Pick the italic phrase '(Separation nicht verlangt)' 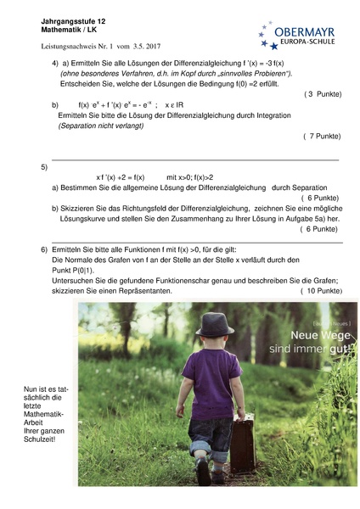coord(101,126)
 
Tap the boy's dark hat coord(214,323)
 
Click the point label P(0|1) coord(75,271)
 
